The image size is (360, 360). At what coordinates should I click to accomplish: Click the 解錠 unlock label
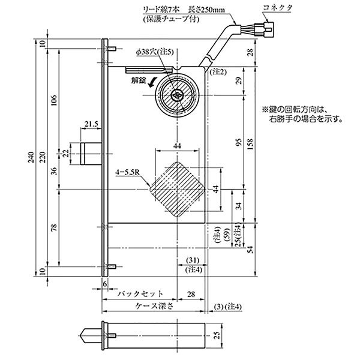138,79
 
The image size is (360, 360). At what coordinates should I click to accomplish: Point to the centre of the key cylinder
178,94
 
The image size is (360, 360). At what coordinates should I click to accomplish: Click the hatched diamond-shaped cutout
178,190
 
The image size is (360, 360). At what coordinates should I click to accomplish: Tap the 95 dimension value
239,143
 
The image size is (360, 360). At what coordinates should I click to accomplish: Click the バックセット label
140,294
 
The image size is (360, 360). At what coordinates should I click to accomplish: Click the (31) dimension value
192,260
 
